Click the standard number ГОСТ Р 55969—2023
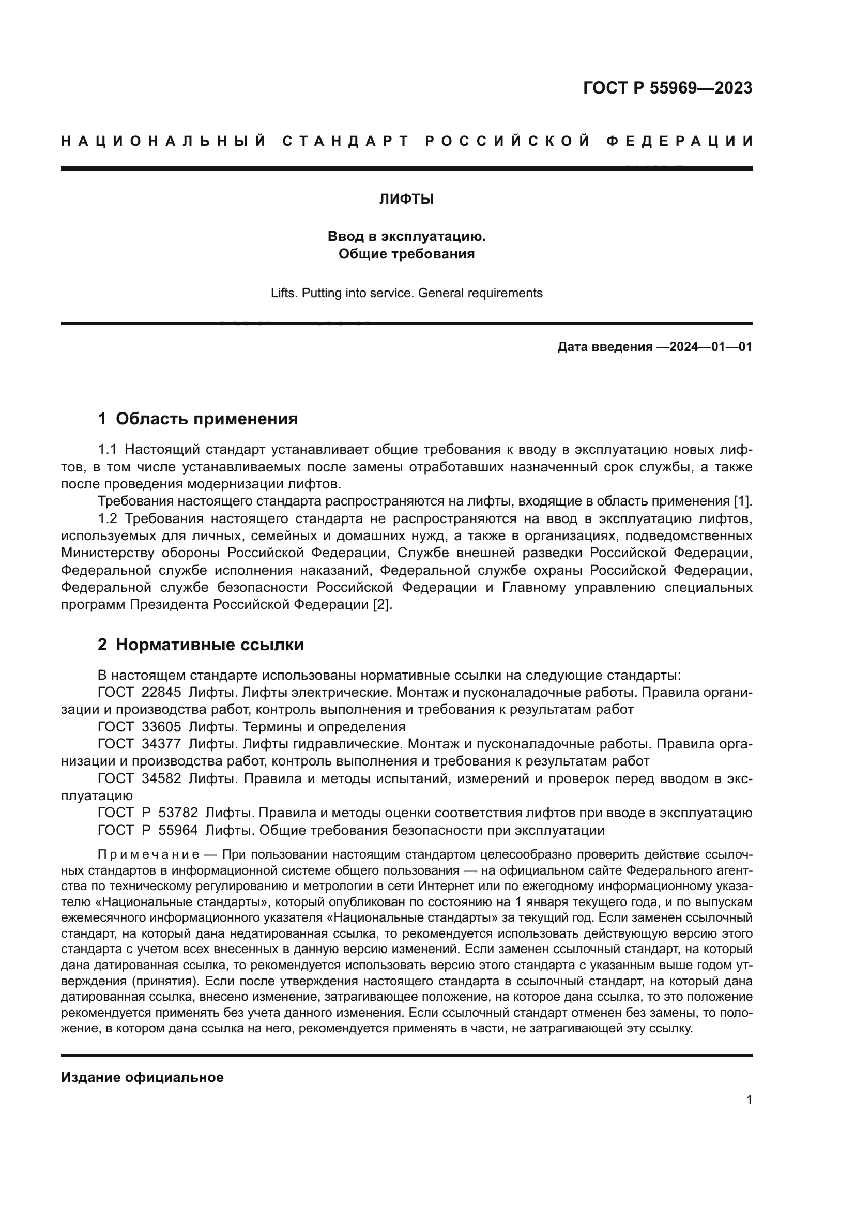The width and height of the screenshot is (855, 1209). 667,88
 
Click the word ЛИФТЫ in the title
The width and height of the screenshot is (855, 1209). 406,200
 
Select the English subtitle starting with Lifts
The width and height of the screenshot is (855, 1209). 406,293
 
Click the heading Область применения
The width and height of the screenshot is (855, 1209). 206,419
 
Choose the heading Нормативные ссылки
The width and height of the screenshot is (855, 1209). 209,645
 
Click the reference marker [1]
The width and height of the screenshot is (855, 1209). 743,501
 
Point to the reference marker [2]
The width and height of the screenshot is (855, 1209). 383,605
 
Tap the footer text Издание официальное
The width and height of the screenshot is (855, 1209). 142,1077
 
